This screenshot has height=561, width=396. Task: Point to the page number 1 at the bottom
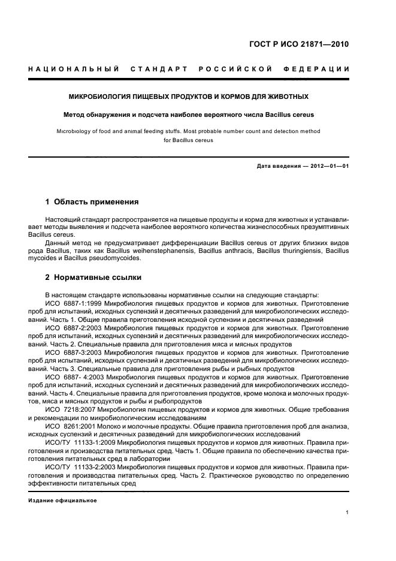(347, 512)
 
